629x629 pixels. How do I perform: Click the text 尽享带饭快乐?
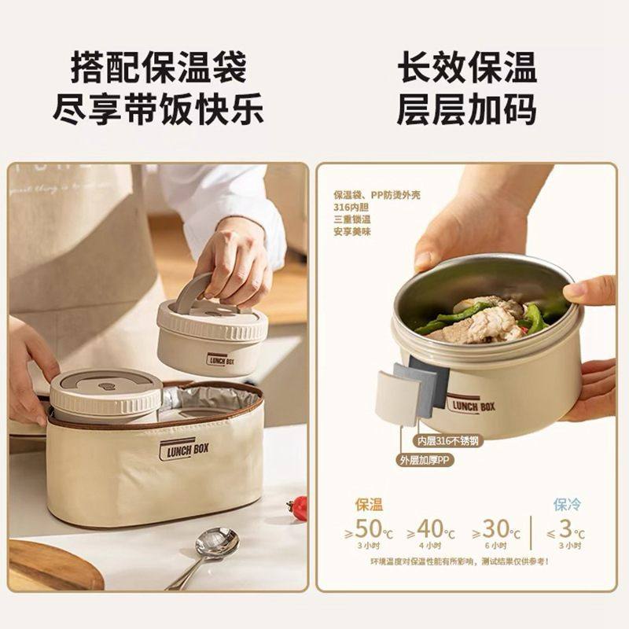(x=158, y=109)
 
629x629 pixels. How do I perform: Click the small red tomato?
(x=299, y=508)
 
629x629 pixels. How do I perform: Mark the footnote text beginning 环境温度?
(x=460, y=561)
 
